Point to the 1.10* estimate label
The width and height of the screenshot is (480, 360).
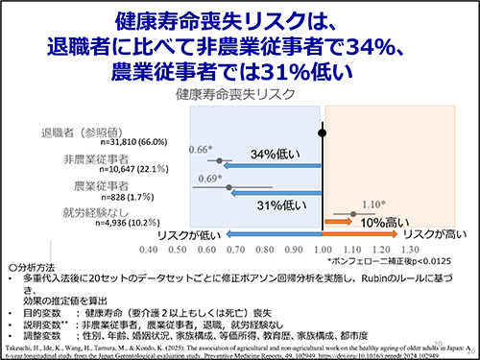click(x=374, y=204)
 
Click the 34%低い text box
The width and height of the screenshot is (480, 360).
click(x=276, y=154)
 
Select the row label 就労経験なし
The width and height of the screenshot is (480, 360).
click(x=93, y=210)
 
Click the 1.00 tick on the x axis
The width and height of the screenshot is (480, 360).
click(x=323, y=248)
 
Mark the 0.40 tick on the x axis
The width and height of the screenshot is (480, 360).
click(x=148, y=248)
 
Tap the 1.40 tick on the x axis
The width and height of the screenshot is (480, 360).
click(x=439, y=248)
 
